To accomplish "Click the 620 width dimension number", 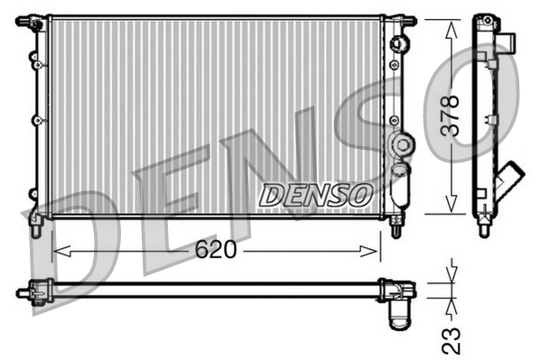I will [x=216, y=250].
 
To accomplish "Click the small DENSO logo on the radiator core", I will [x=315, y=193].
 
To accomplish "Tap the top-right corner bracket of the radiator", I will [x=398, y=20].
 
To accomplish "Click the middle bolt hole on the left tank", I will [x=36, y=120].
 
